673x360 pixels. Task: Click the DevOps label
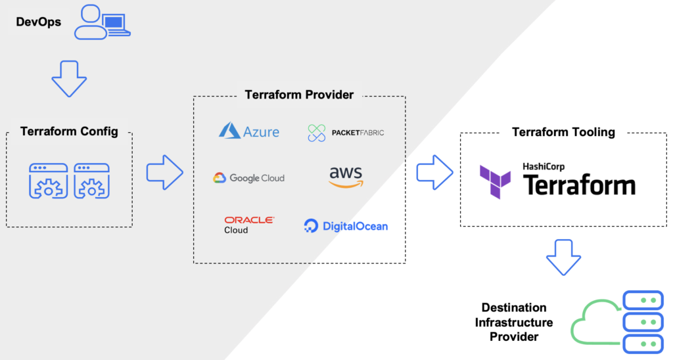38,22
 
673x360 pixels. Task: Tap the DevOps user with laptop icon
101,22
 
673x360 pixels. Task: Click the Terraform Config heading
69,131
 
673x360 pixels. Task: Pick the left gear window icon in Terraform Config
48,180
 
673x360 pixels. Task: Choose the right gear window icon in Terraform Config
91,180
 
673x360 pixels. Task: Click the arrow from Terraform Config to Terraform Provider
164,172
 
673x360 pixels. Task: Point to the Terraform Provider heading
299,95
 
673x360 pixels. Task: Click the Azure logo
249,132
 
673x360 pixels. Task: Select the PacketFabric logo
346,133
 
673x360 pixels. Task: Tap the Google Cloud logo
248,178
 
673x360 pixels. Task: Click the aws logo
346,177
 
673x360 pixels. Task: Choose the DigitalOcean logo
346,226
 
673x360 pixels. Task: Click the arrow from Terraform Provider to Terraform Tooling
434,172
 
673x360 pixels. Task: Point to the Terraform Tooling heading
563,132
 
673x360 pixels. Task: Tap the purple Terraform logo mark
495,181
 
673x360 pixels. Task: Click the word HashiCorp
544,167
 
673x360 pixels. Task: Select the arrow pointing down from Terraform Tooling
563,257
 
